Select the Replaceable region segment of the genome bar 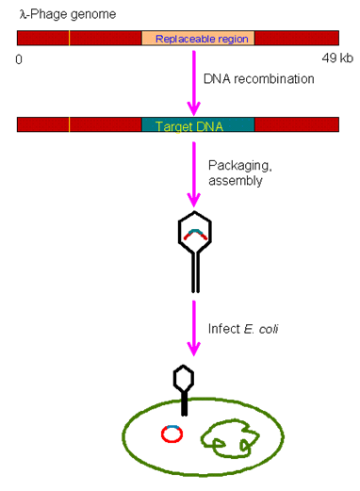[x=198, y=39]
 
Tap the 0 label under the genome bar [x=19, y=59]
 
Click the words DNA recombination [x=258, y=79]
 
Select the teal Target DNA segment [x=197, y=124]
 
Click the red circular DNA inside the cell [x=172, y=434]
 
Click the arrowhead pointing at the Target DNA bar [x=193, y=106]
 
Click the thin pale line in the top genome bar [x=69, y=39]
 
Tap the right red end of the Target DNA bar [x=296, y=124]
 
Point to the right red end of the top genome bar [x=296, y=39]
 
